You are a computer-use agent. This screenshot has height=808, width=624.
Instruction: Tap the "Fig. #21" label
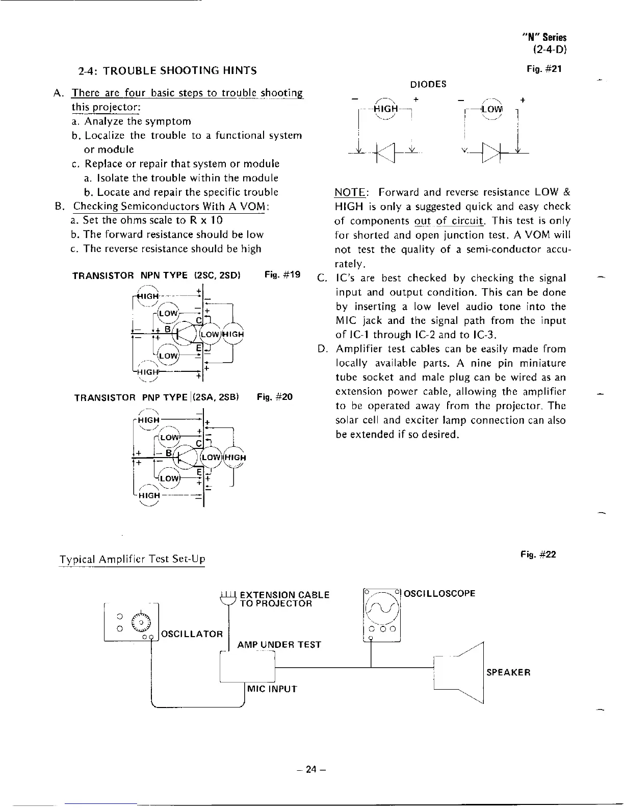(544, 68)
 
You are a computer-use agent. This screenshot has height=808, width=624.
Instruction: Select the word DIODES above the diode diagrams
(428, 84)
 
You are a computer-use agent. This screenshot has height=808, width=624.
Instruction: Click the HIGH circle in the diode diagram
(385, 109)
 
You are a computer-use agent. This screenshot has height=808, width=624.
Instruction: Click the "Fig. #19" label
(282, 275)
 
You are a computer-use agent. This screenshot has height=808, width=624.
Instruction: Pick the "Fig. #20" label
(275, 397)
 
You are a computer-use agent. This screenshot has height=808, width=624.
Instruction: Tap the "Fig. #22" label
(538, 554)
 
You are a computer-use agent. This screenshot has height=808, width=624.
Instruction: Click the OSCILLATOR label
(192, 634)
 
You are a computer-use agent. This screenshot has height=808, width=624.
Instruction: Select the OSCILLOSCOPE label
(439, 593)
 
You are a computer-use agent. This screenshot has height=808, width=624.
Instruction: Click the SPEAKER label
(508, 672)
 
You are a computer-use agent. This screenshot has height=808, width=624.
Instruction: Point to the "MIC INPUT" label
(272, 689)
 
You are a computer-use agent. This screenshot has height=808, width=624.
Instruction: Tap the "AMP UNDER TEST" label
(279, 645)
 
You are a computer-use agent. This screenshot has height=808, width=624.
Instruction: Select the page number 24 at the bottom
(311, 770)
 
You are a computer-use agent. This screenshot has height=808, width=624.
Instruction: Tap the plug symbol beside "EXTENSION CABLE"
(227, 597)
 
